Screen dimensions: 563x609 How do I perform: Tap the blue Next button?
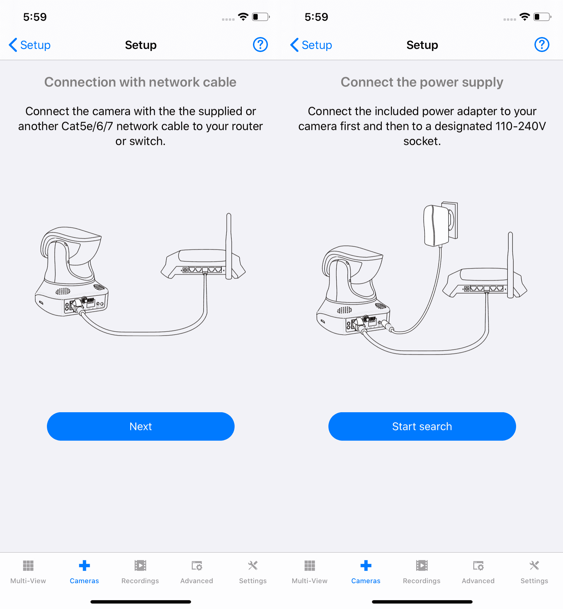click(x=140, y=426)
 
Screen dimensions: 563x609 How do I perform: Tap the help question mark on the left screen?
click(x=260, y=45)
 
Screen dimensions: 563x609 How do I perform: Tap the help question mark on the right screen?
click(x=542, y=45)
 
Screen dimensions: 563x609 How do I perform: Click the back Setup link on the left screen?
click(x=30, y=45)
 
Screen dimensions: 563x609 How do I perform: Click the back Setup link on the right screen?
click(x=311, y=45)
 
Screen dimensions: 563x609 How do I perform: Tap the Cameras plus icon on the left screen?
click(x=84, y=566)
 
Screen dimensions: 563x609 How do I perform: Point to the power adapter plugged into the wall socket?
click(x=436, y=225)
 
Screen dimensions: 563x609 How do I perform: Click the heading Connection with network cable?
click(x=140, y=82)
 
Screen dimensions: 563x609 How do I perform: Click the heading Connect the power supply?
click(x=422, y=82)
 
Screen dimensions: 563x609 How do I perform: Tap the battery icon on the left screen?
click(x=261, y=17)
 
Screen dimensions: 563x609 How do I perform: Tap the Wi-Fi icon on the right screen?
click(x=525, y=17)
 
